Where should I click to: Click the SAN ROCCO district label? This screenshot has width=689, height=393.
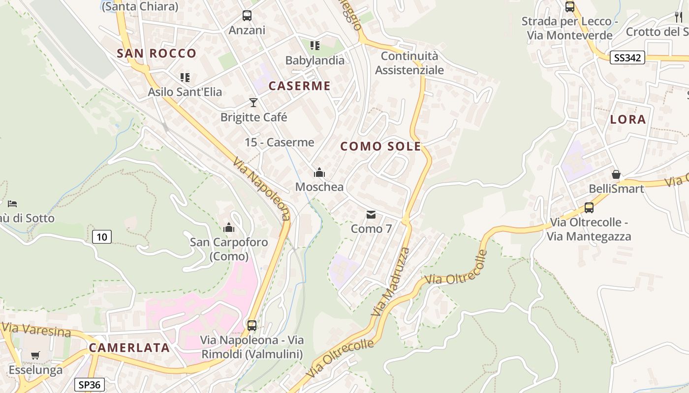tap(157, 54)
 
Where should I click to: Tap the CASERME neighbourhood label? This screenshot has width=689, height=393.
tap(299, 86)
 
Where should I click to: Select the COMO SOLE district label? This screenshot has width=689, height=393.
tap(380, 146)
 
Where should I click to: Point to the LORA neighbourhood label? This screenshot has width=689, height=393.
tap(627, 119)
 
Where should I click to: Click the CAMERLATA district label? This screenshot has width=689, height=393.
tap(129, 348)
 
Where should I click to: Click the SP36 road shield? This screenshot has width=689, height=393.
tap(90, 384)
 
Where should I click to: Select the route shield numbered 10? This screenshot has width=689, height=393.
tap(101, 237)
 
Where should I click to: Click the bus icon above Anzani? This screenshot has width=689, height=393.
tap(247, 16)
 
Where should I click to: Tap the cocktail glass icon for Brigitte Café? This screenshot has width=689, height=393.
tap(253, 102)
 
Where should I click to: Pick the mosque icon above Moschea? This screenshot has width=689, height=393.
tap(319, 172)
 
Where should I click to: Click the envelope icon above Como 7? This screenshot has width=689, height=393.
tap(371, 215)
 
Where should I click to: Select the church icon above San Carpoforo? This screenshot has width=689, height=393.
tap(229, 227)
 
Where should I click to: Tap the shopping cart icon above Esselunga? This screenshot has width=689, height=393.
tap(35, 355)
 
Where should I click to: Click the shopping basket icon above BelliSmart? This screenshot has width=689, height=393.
tap(616, 174)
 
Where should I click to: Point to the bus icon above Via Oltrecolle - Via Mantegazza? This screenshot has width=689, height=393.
tap(589, 207)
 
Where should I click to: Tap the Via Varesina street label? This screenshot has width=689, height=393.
tap(37, 330)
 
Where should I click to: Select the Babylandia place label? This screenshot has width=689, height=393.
tap(315, 60)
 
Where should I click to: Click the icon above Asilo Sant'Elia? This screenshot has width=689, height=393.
tap(185, 77)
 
